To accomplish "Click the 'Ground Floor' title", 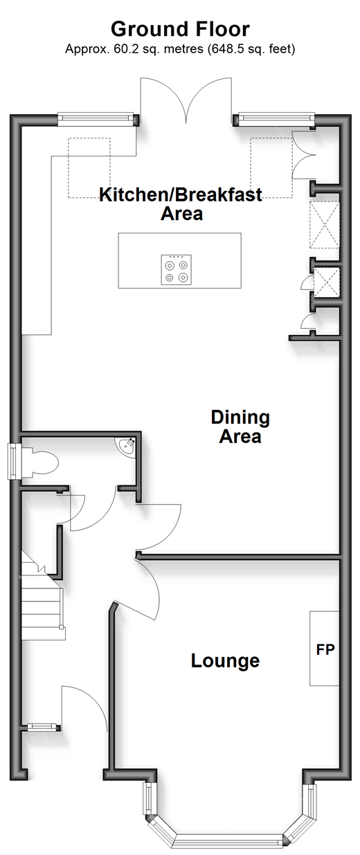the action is point(180,29).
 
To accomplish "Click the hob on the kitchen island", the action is point(176,270).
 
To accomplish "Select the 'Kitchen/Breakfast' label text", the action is point(181,195).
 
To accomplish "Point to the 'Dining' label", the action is point(240,417).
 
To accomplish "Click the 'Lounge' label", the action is point(225,660).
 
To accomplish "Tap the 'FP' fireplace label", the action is point(325,649).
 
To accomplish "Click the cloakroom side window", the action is point(15,461).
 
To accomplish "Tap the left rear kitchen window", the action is point(96,119).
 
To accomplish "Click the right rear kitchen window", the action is point(276,119).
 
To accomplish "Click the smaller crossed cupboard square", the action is point(326,282).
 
